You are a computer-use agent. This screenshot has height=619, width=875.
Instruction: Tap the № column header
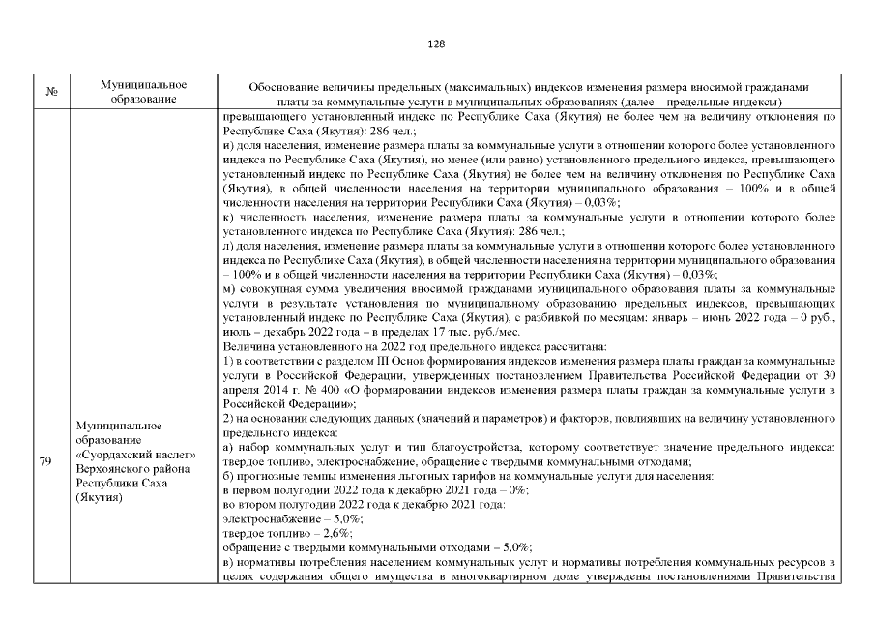(52, 92)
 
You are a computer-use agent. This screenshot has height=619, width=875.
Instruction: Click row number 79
(45, 460)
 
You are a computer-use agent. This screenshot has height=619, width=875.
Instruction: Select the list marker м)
(229, 289)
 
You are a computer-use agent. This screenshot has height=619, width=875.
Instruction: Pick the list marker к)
(228, 215)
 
